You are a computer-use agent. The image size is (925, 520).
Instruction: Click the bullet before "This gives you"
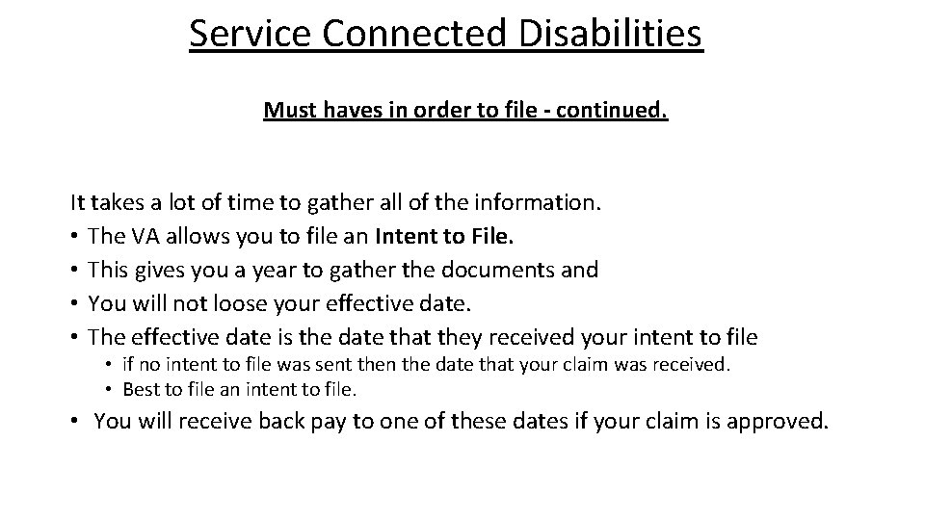75,271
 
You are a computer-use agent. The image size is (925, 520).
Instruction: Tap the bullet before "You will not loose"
75,304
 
